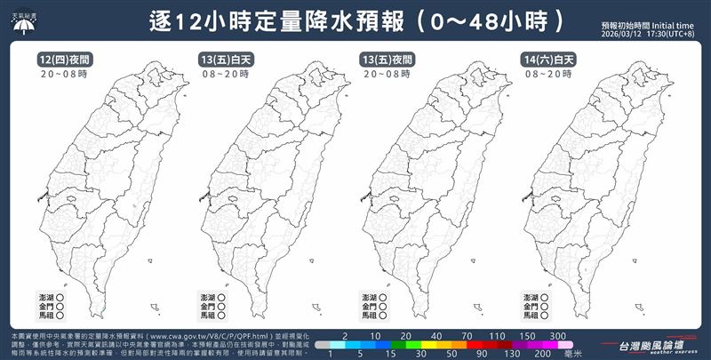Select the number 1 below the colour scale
[331, 353]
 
